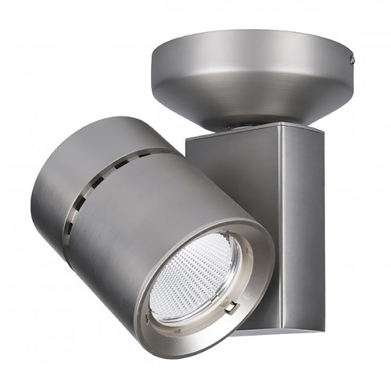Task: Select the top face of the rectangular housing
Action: click(x=250, y=135)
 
